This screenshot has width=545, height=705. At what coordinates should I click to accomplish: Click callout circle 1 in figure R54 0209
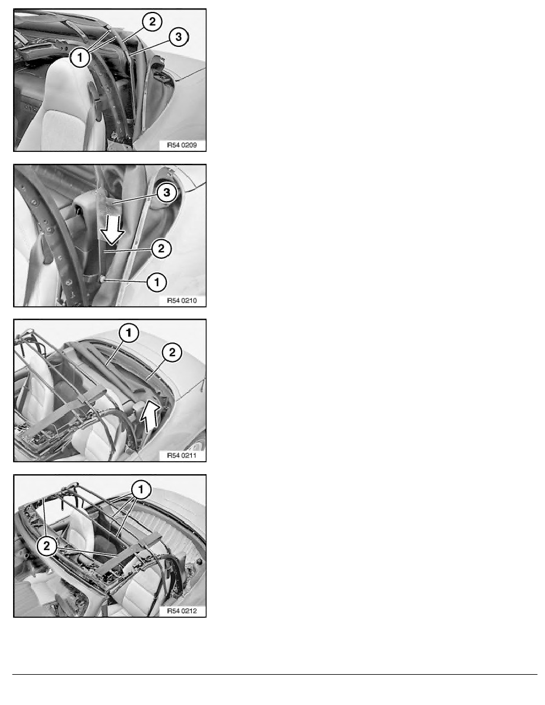point(81,57)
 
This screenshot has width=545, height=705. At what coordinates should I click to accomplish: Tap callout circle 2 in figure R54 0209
point(153,21)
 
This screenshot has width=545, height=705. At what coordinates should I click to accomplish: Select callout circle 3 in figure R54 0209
point(179,36)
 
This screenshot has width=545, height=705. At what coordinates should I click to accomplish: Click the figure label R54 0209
point(182,145)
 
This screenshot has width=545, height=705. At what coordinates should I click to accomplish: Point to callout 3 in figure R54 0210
point(167,193)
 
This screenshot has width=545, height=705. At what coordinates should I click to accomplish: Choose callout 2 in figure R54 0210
point(161,249)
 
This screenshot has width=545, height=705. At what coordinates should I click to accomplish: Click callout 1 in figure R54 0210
point(157,282)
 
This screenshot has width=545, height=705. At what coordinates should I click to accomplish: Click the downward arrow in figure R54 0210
point(112,229)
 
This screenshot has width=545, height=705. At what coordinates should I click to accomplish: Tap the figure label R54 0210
point(182,300)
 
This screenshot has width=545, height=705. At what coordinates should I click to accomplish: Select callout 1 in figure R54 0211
point(129,333)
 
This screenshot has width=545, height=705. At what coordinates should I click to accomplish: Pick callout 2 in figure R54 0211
point(172,352)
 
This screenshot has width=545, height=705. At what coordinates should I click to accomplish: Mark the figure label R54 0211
point(182,456)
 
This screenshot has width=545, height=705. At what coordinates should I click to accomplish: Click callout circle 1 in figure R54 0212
point(141,489)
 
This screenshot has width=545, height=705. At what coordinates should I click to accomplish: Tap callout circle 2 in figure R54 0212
point(47,547)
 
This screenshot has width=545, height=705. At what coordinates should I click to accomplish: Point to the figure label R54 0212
point(182,611)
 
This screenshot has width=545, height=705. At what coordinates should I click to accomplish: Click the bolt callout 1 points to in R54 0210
point(103,280)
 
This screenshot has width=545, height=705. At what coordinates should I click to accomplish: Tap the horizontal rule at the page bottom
point(275,674)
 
